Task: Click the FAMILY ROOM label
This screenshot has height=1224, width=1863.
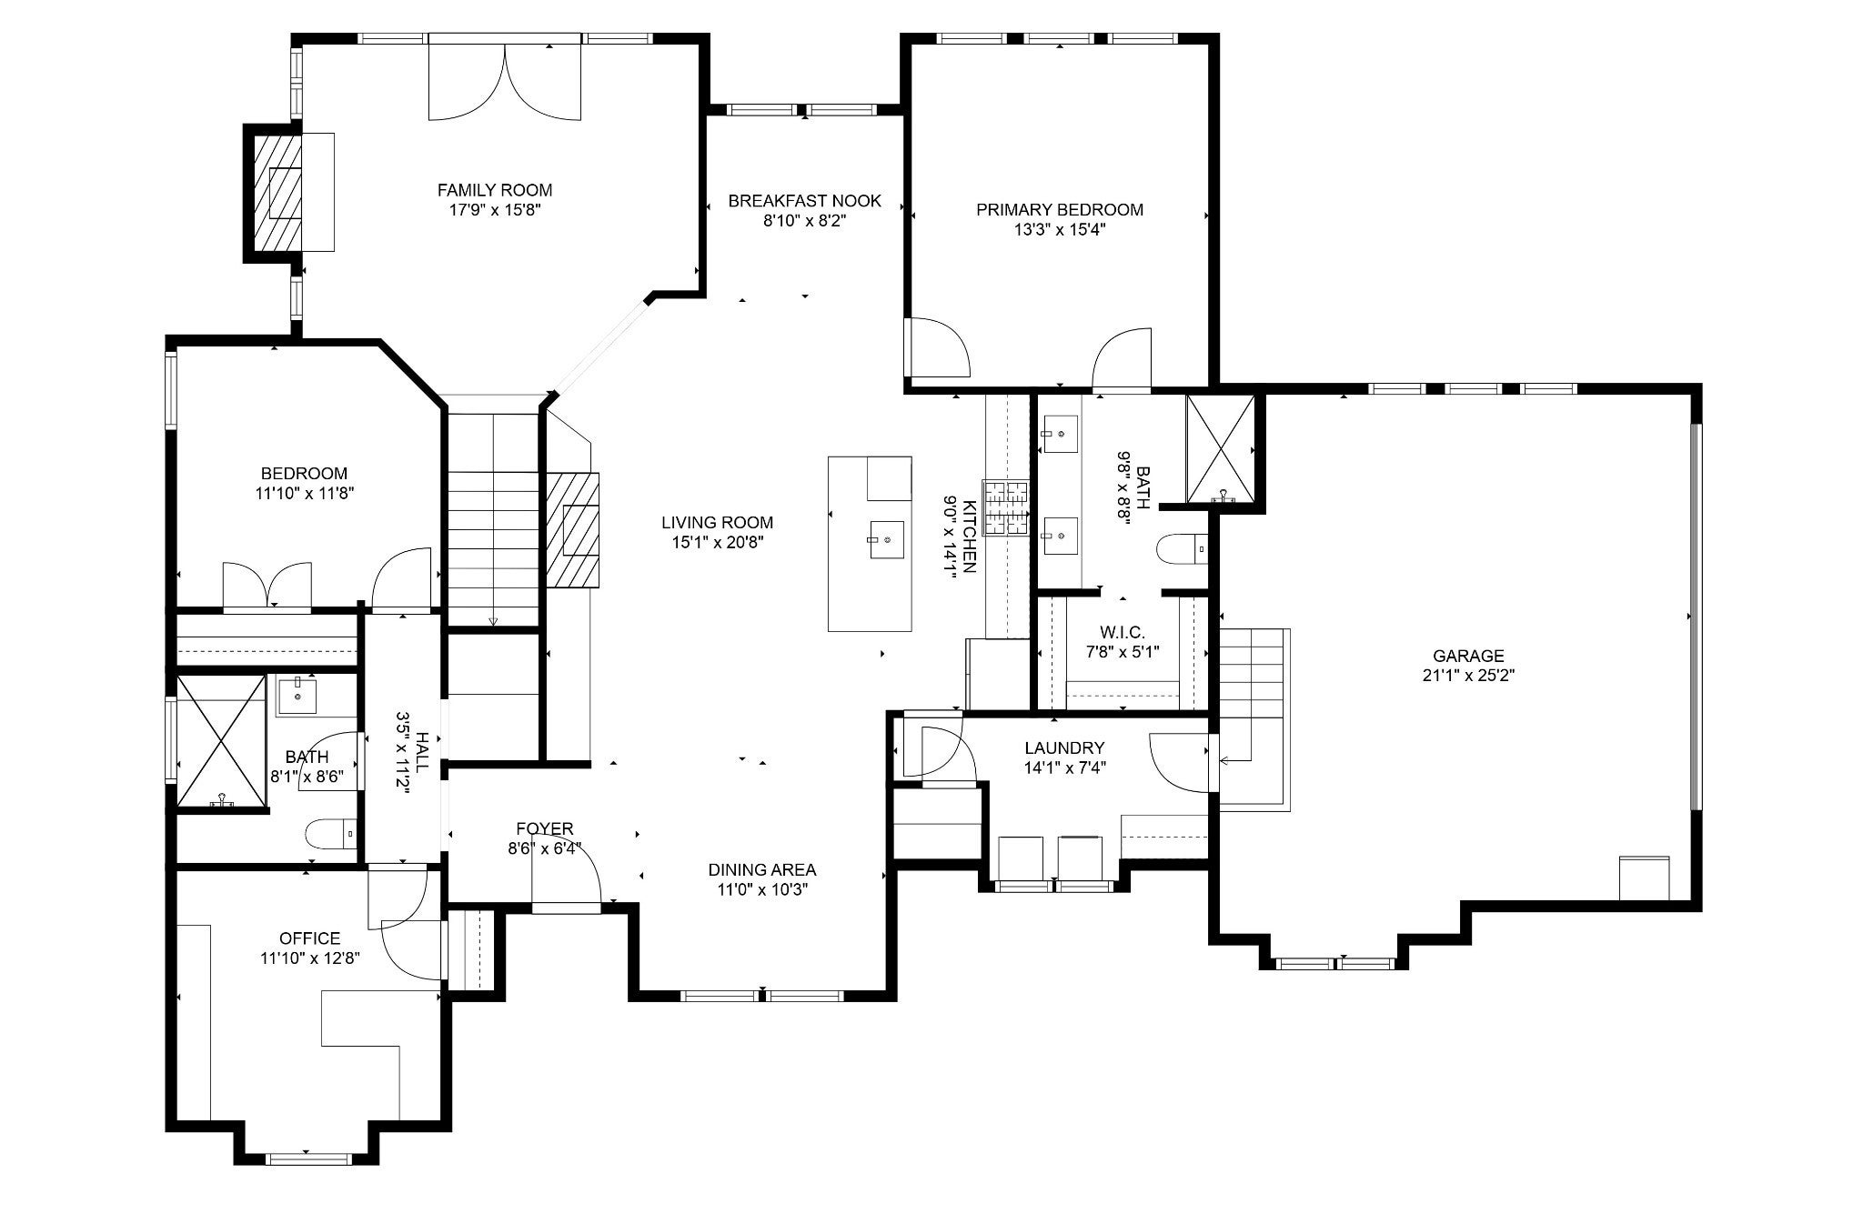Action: [x=495, y=190]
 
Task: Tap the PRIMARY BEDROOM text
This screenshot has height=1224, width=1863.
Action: [x=1060, y=209]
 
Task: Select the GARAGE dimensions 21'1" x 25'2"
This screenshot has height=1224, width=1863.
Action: [x=1468, y=676]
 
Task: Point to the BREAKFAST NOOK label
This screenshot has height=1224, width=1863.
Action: [x=805, y=200]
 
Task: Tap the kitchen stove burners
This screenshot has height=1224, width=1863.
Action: [x=1007, y=508]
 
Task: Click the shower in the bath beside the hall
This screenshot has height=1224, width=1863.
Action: [x=221, y=741]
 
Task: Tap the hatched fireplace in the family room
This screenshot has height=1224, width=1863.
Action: [x=278, y=193]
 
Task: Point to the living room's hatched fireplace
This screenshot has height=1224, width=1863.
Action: [x=573, y=529]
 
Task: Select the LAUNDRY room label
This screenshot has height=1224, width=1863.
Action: [x=1064, y=747]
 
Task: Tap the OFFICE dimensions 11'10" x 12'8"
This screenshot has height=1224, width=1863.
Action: [x=310, y=958]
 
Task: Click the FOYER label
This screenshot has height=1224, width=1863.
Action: [x=544, y=828]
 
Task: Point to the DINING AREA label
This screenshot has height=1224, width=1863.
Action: [x=762, y=869]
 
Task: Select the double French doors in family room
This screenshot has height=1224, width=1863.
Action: [x=504, y=80]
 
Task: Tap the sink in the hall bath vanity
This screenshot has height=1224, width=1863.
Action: [x=297, y=697]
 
